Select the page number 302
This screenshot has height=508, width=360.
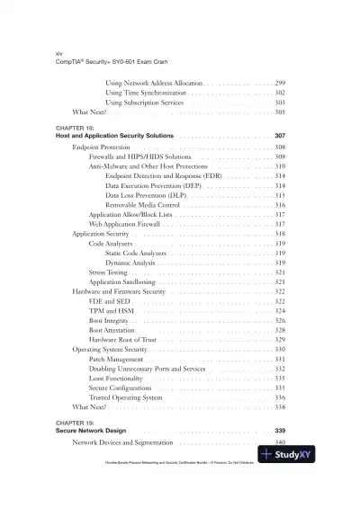(x=280, y=93)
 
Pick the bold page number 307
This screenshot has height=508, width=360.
(x=279, y=136)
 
